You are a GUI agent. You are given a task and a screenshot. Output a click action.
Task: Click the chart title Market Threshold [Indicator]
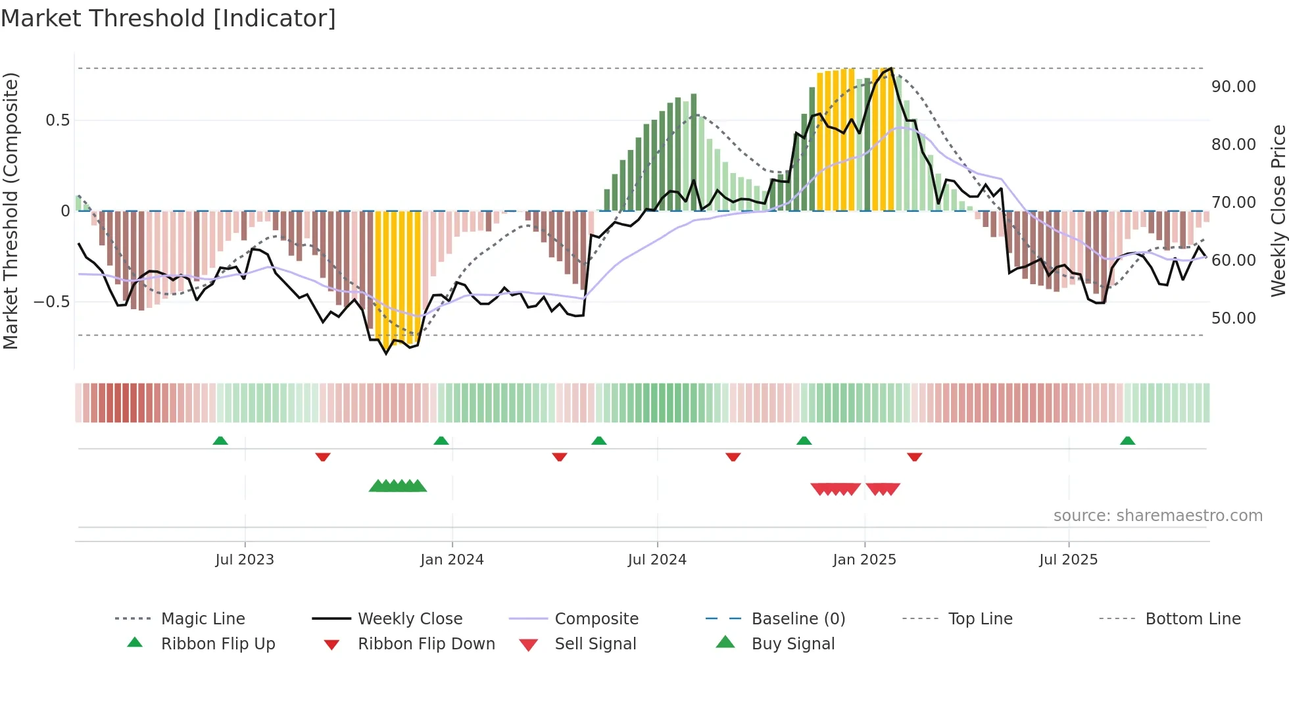tap(168, 18)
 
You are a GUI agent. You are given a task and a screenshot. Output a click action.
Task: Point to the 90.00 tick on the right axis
tap(1233, 87)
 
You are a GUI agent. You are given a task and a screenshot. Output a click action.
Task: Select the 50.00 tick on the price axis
tap(1233, 318)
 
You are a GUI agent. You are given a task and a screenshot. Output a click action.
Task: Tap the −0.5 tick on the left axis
tap(51, 302)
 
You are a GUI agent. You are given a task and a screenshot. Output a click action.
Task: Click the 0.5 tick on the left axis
tap(57, 120)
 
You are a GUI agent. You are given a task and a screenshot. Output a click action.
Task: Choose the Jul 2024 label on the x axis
tap(656, 560)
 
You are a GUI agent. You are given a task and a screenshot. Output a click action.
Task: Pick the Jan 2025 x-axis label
tap(863, 560)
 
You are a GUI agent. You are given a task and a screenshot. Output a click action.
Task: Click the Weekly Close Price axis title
tap(1278, 211)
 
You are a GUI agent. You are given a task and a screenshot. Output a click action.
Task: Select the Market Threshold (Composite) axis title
tap(11, 211)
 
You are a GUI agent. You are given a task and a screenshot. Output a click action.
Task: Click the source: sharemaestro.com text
tap(1157, 516)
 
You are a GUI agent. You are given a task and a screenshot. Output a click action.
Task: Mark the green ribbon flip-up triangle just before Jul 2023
tap(220, 441)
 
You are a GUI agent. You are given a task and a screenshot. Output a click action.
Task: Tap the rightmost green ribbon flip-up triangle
tap(1127, 441)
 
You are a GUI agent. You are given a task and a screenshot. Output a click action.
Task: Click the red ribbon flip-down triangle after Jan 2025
tap(914, 457)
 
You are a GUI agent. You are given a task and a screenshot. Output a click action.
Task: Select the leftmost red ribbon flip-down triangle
tap(322, 457)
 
